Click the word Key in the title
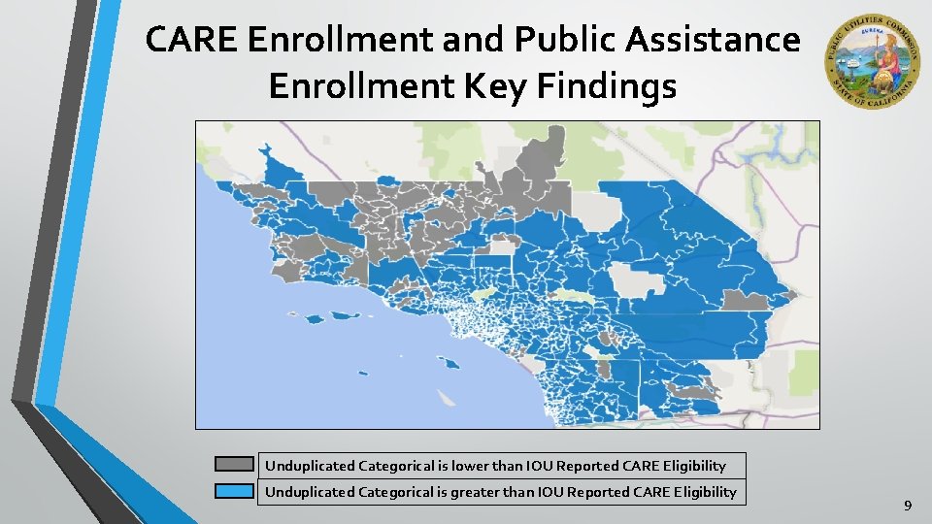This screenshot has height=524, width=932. click(x=510, y=86)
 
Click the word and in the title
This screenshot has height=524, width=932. click(x=473, y=40)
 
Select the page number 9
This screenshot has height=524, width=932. click(x=908, y=506)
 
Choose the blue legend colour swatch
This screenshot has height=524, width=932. click(x=234, y=492)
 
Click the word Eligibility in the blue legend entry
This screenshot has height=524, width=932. click(x=699, y=492)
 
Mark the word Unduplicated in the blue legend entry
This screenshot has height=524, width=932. click(x=309, y=492)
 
